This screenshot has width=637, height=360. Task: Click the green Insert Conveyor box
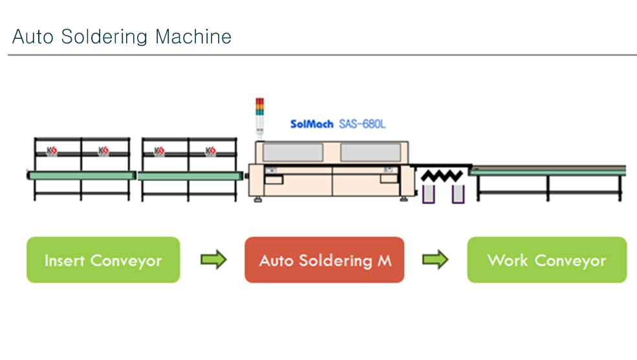point(103,260)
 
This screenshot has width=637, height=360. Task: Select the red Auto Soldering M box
point(324,260)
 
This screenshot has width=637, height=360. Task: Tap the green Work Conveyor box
point(546,260)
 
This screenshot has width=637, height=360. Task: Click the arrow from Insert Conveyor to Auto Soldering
point(213,260)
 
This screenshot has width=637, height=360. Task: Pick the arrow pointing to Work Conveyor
point(435,260)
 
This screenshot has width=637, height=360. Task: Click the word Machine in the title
point(193,37)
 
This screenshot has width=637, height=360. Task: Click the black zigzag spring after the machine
point(442,175)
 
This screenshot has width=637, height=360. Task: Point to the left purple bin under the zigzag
point(428,193)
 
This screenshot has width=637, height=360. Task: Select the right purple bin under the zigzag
point(458,193)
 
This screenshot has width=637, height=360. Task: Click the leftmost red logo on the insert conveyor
point(52,151)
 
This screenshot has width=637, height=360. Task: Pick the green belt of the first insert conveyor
point(81,175)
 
